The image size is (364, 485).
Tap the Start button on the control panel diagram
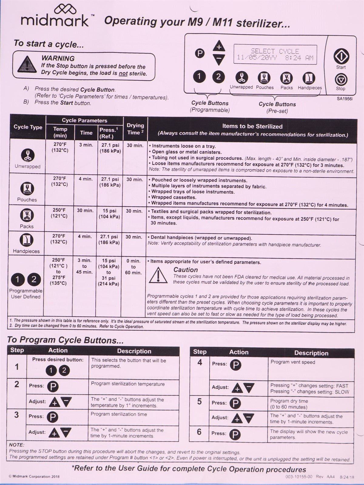coord(341,56)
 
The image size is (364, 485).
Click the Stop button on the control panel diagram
coord(341,80)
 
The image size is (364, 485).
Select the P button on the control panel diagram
coord(200,54)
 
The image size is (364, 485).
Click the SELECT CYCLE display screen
coord(275,55)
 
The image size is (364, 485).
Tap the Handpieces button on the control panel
coord(309,78)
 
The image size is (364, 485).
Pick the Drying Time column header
coord(135,129)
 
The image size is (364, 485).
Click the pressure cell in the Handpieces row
coord(109,239)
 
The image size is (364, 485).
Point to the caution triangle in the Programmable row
coord(158,275)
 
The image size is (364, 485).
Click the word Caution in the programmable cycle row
coord(185,270)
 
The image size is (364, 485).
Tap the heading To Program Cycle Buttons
coord(65,340)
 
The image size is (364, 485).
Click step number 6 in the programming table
coord(199,432)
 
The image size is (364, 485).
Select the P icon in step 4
coord(235,365)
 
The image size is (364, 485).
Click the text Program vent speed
coord(292,362)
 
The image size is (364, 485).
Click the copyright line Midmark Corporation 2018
coord(34,477)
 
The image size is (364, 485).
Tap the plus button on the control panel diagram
coord(219,47)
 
